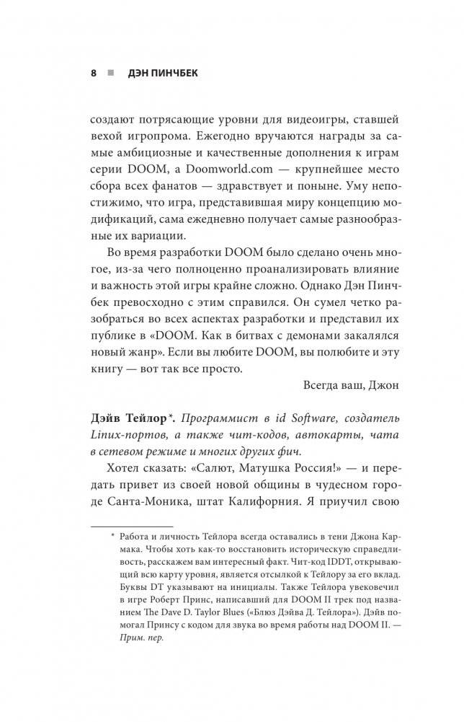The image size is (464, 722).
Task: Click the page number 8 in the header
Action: point(94,74)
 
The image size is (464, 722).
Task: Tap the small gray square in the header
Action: point(110,74)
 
